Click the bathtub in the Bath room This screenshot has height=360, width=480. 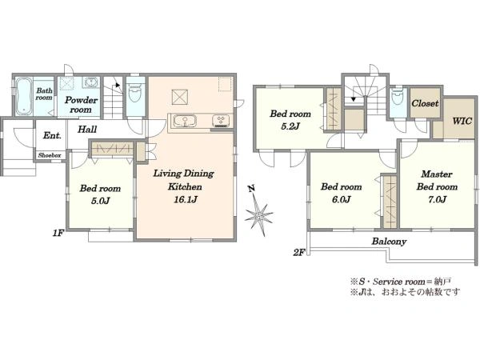(23, 96)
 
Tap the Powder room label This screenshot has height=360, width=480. (81, 105)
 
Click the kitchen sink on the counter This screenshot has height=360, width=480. (185, 121)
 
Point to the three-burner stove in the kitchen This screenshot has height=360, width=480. (222, 121)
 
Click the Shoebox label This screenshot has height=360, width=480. (50, 155)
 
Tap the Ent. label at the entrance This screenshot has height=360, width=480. (52, 135)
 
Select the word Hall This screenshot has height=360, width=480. (87, 129)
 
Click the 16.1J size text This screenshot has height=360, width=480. (186, 199)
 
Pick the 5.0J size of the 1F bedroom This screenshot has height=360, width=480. (100, 201)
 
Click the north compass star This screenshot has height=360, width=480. (259, 217)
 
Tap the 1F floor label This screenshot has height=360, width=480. (58, 234)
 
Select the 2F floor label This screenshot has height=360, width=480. (299, 253)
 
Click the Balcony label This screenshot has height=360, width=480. (389, 242)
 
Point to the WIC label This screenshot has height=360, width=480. (462, 121)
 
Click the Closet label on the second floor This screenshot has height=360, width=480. (425, 103)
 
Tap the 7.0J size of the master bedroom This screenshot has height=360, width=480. (437, 199)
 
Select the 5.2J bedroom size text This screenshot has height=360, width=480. (290, 126)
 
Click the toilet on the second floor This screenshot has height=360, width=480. (398, 98)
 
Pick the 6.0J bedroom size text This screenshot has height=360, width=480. (341, 199)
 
